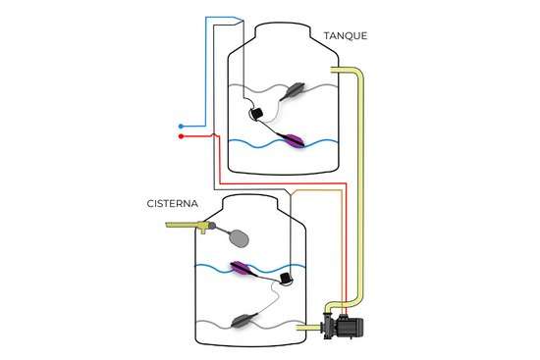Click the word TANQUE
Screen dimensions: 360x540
[346, 36]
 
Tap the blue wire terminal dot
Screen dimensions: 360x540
[182, 127]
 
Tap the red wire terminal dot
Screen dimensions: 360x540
[182, 137]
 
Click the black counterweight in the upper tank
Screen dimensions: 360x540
[255, 115]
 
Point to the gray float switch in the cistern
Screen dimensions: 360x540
[243, 318]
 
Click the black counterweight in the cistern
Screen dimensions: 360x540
[287, 280]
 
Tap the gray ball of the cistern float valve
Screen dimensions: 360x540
[238, 235]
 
